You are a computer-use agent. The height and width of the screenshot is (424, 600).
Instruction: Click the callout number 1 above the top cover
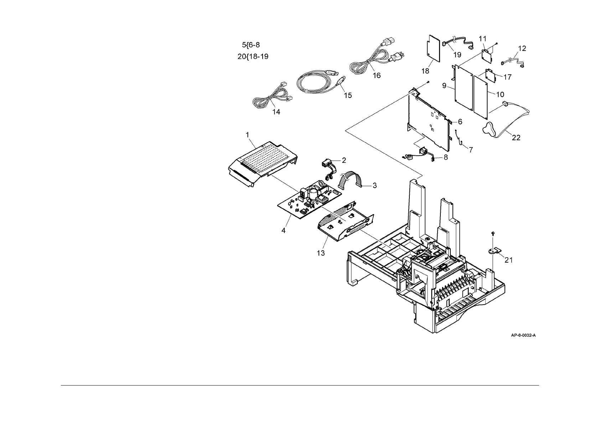pos(247,135)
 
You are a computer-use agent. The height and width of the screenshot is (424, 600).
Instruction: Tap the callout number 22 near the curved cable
pos(516,138)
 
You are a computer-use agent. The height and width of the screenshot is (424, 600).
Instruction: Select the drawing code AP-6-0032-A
pos(523,335)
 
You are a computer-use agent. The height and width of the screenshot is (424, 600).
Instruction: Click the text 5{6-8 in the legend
pos(251,45)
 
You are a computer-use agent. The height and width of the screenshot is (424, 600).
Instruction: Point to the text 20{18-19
pos(253,57)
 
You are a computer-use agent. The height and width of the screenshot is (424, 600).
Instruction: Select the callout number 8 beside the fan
pos(446,156)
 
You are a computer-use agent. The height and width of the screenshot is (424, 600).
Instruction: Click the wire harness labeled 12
pos(513,61)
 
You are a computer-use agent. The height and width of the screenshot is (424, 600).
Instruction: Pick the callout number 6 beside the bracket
pos(460,122)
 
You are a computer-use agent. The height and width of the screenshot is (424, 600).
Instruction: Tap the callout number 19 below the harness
pos(457,55)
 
